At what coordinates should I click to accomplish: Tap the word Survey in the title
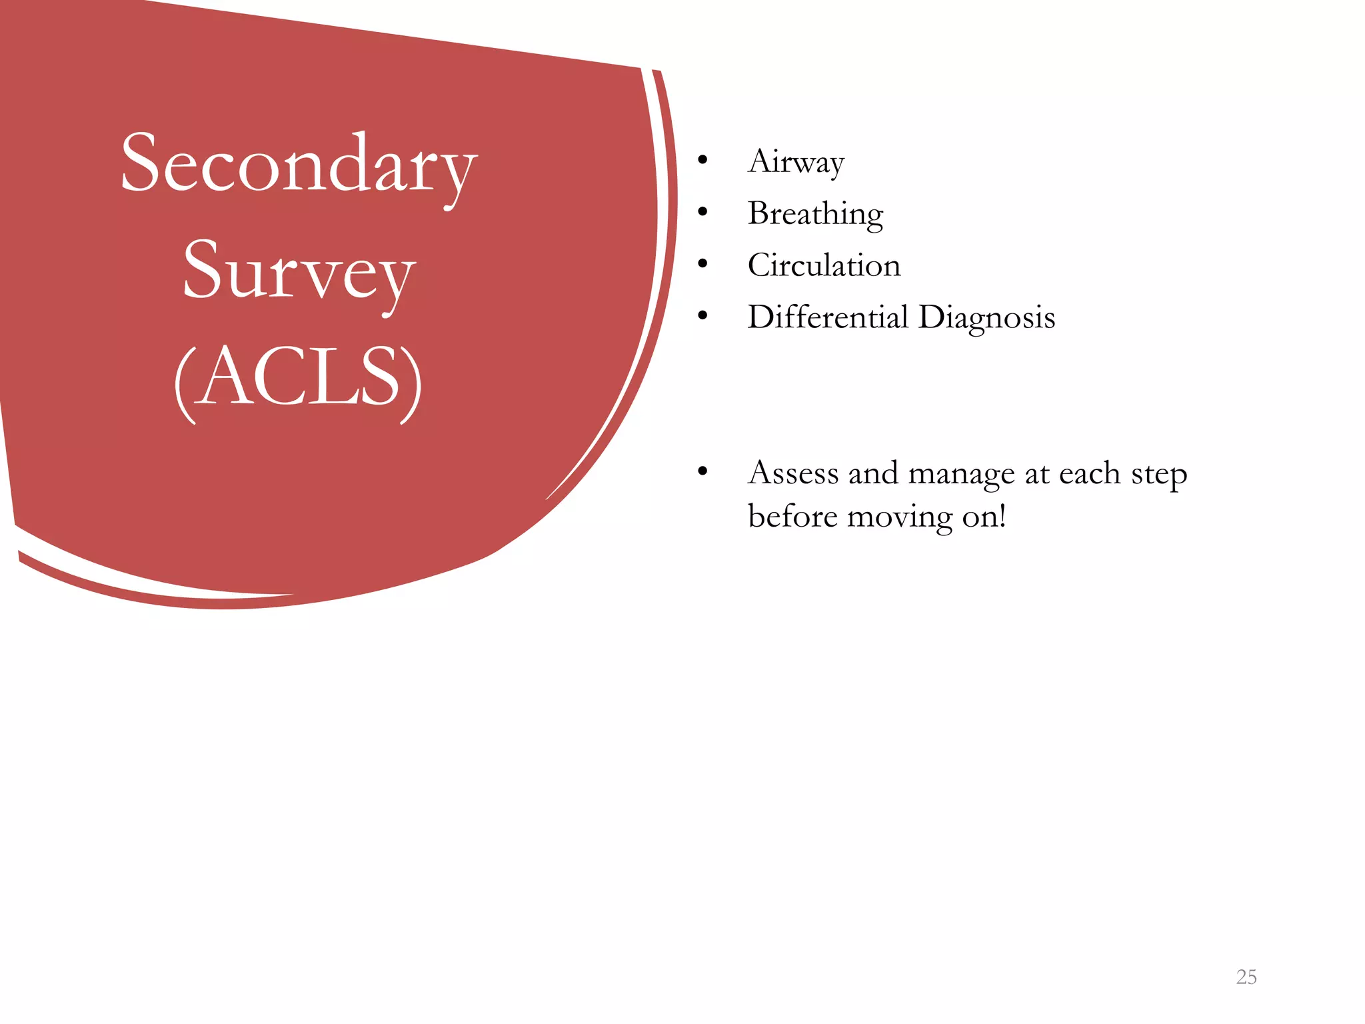pyautogui.click(x=299, y=272)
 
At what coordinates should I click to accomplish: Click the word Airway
pyautogui.click(x=796, y=162)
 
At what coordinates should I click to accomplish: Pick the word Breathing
pyautogui.click(x=815, y=214)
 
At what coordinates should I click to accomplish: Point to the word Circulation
pyautogui.click(x=824, y=265)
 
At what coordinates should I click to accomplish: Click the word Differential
pyautogui.click(x=828, y=317)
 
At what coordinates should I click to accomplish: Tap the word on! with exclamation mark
pyautogui.click(x=984, y=516)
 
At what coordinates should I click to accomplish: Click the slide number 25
pyautogui.click(x=1246, y=977)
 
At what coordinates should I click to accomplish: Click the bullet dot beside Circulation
pyautogui.click(x=702, y=264)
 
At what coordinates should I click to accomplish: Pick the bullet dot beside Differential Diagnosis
pyautogui.click(x=702, y=316)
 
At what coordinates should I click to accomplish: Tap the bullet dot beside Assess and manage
pyautogui.click(x=702, y=472)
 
